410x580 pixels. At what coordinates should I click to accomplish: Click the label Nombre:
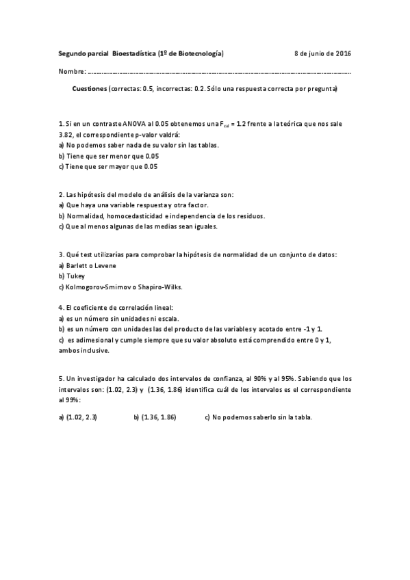coord(72,71)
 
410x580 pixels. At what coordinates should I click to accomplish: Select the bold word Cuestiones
coord(90,89)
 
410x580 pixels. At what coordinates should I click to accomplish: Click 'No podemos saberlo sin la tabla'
coord(263,417)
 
